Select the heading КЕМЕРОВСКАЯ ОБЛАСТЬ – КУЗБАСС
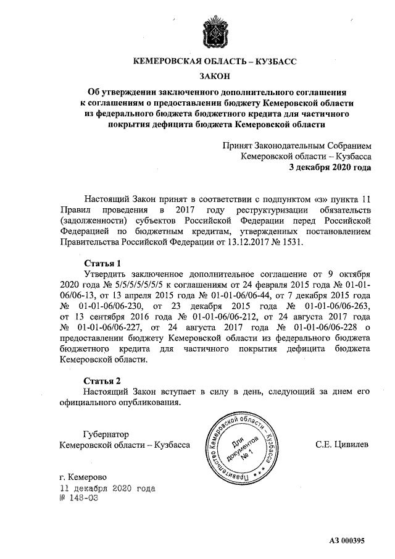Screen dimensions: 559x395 215,62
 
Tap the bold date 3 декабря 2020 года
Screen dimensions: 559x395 330,167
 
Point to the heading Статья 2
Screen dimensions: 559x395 102,380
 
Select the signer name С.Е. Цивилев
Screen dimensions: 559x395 344,444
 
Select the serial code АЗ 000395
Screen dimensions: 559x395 347,540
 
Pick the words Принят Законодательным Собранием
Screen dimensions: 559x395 297,145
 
